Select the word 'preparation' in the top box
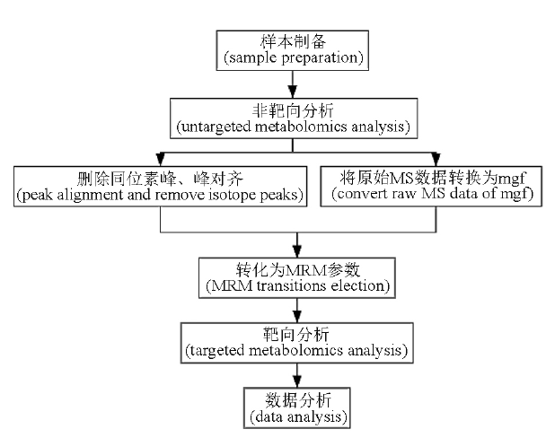(x=320, y=57)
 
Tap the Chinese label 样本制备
(x=293, y=42)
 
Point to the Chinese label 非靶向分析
(x=293, y=110)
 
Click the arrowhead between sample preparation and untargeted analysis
(x=293, y=92)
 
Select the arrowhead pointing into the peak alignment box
(x=161, y=159)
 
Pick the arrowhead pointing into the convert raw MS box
(x=436, y=159)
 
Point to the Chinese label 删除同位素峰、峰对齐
(x=161, y=179)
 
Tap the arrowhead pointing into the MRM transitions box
(x=297, y=250)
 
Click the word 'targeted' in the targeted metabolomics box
(x=216, y=351)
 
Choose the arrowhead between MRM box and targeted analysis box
(x=297, y=316)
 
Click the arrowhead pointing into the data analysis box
(x=297, y=381)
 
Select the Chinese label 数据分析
(x=298, y=400)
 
